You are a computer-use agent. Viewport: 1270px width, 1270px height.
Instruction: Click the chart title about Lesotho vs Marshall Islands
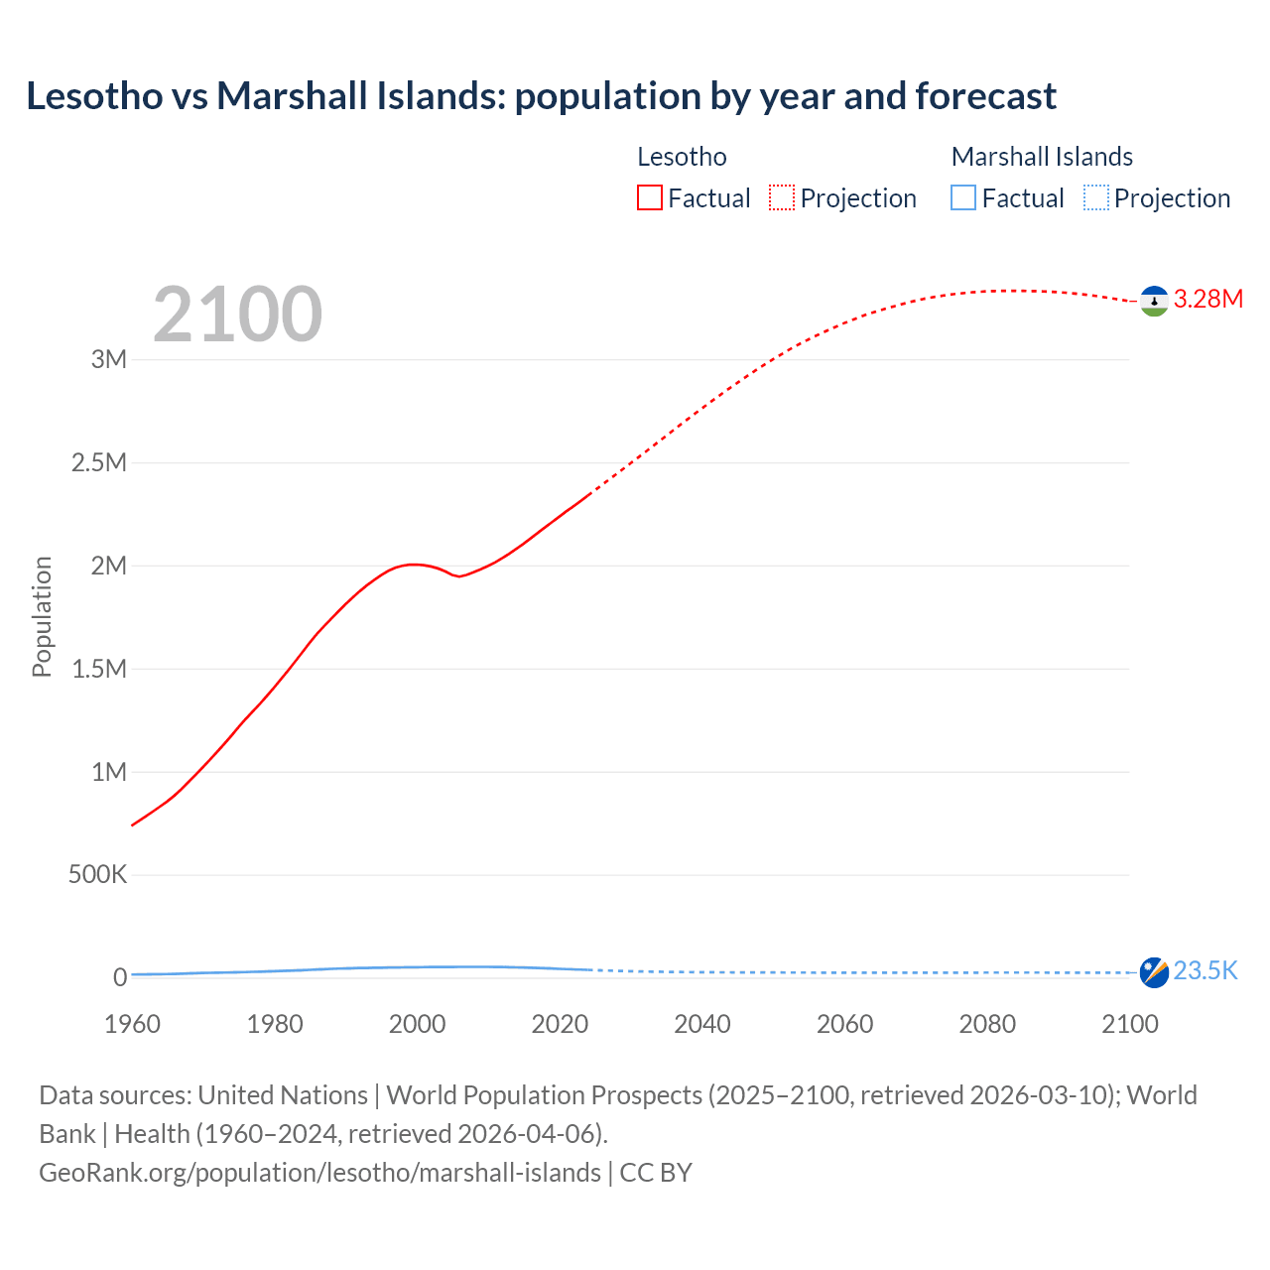tap(541, 96)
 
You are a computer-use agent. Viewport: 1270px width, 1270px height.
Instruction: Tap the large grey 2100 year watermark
tap(237, 315)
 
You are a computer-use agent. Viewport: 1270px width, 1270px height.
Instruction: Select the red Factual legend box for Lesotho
tap(649, 198)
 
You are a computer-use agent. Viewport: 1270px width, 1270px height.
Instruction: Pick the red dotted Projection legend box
tap(782, 198)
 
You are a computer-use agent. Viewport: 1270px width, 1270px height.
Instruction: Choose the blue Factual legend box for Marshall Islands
tap(962, 198)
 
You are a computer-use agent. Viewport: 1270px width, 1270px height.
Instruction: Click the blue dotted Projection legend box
tap(1095, 198)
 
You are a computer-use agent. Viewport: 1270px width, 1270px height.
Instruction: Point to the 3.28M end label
tap(1207, 299)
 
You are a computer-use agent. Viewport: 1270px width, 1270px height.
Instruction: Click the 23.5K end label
tap(1205, 970)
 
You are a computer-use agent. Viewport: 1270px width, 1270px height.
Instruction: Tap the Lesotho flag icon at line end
tap(1154, 301)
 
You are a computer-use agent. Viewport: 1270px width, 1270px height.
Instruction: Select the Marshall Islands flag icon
tap(1154, 972)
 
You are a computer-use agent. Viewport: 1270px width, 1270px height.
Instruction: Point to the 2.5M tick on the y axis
tap(99, 463)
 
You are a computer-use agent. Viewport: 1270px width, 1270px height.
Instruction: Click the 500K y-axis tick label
tap(97, 875)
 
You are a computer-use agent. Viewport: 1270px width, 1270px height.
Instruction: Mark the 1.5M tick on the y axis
tap(99, 669)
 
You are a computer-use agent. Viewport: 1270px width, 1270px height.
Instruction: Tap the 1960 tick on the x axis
tap(132, 1024)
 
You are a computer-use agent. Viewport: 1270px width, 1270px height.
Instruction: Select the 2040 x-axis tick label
tap(701, 1024)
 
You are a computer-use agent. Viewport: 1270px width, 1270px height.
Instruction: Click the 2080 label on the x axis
tap(987, 1024)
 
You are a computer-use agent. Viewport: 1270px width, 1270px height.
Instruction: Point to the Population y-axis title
tap(42, 616)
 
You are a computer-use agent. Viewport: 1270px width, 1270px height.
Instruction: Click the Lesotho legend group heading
tap(682, 157)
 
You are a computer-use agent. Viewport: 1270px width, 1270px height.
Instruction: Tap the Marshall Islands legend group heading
tap(1042, 157)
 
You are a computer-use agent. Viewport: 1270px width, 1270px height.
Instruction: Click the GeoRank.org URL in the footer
tap(319, 1173)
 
